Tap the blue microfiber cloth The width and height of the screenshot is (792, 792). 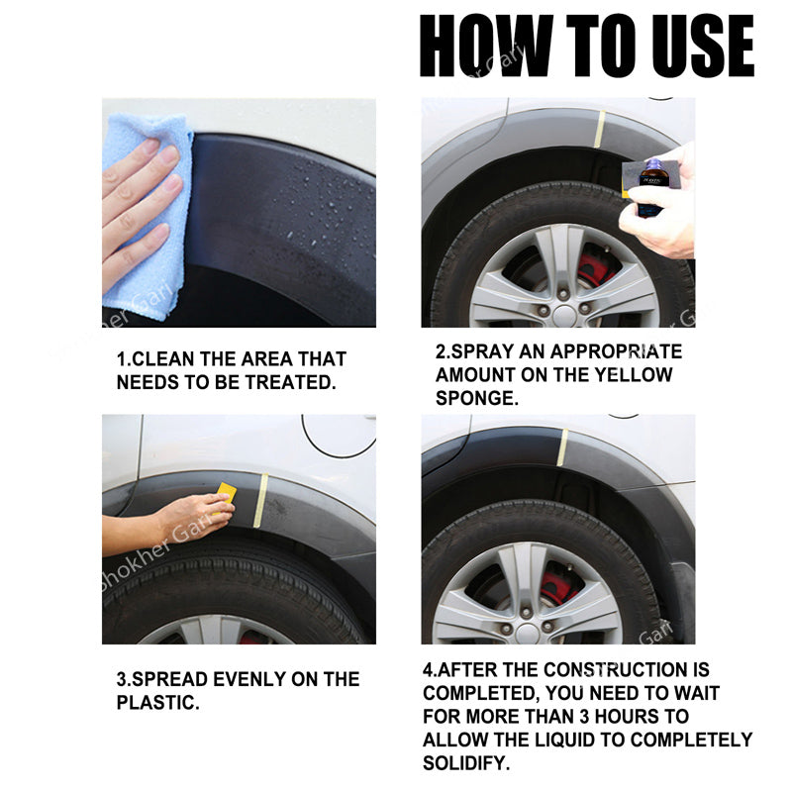tap(148, 213)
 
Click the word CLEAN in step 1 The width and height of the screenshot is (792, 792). tap(163, 359)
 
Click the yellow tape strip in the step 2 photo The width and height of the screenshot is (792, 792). tap(599, 129)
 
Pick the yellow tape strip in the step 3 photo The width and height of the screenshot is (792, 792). tap(261, 501)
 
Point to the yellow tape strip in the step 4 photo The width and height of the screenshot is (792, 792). tap(562, 447)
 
